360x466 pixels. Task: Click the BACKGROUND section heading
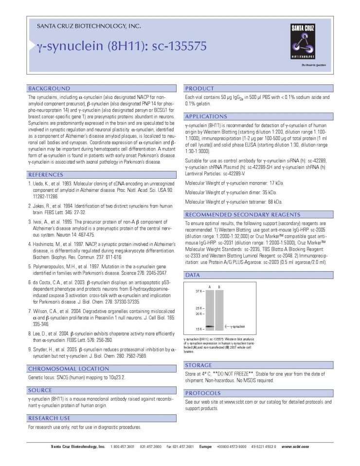[49, 89]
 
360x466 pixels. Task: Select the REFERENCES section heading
[46, 174]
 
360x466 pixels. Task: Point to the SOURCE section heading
[40, 390]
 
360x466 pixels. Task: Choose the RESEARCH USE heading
[49, 418]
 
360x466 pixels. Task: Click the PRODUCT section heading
[199, 89]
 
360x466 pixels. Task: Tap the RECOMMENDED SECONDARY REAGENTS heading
[234, 214]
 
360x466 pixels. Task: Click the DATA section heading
[193, 275]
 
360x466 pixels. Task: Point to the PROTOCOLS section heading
[203, 392]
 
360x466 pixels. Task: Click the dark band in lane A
[210, 326]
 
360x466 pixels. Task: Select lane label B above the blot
[219, 287]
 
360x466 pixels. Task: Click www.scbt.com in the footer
[295, 447]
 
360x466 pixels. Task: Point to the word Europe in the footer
[205, 447]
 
